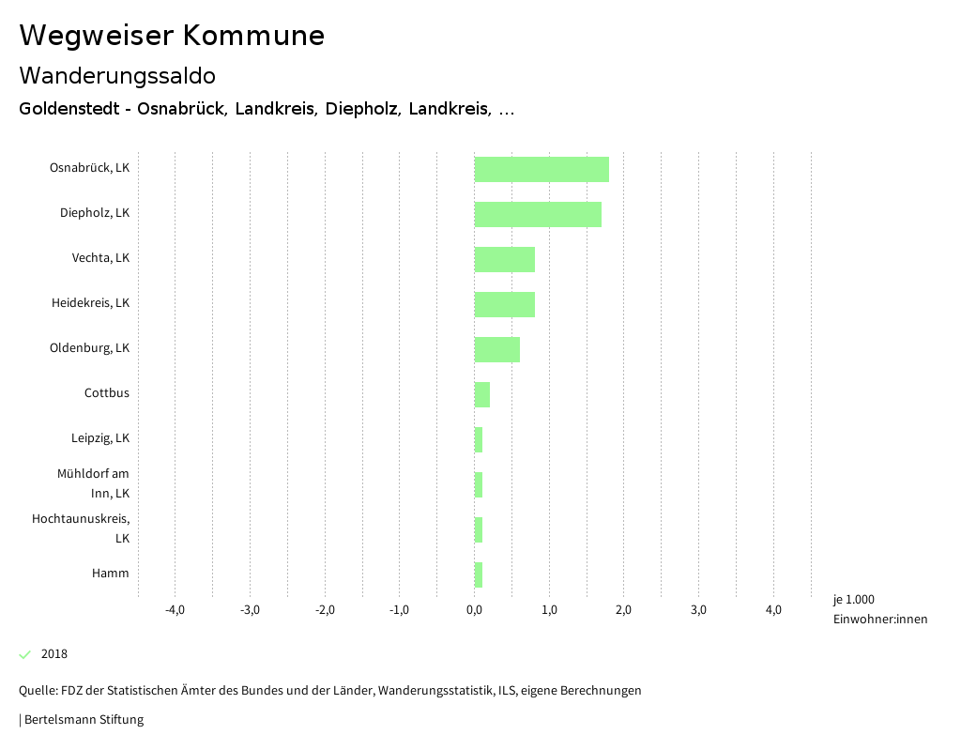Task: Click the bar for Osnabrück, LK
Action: click(542, 169)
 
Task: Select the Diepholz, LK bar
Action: click(538, 214)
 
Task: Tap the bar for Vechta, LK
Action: click(505, 259)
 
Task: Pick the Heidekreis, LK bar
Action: click(505, 304)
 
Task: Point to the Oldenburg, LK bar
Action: click(497, 349)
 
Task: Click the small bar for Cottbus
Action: click(482, 394)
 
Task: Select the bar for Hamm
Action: click(479, 574)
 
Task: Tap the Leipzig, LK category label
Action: click(100, 438)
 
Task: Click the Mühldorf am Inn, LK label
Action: click(93, 483)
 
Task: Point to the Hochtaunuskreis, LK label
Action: click(81, 528)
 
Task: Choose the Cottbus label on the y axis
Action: click(107, 393)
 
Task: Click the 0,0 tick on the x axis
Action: click(475, 610)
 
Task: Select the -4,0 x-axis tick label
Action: click(175, 610)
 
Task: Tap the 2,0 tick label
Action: click(624, 610)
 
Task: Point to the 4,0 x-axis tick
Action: click(773, 610)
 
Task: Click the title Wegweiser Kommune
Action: click(172, 36)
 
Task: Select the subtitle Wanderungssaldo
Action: click(117, 75)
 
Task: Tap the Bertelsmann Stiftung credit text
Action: click(83, 720)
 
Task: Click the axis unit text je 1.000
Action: click(853, 600)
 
